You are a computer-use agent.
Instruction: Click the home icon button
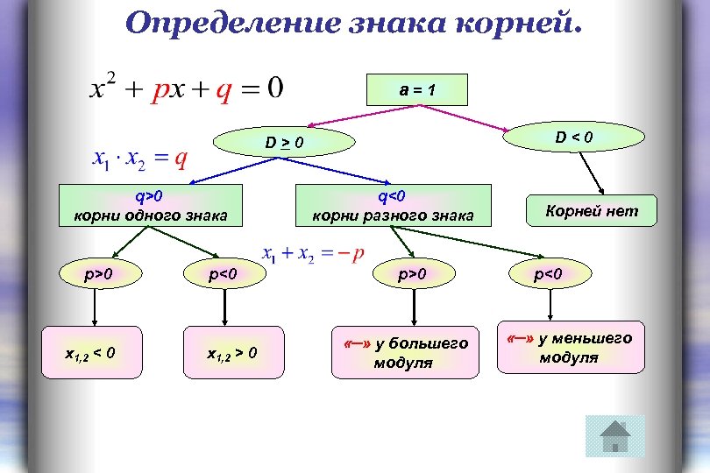(614, 436)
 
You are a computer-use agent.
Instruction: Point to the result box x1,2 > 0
(231, 353)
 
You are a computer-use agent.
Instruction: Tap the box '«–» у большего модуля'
(405, 352)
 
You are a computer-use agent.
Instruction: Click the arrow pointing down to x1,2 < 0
(95, 310)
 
